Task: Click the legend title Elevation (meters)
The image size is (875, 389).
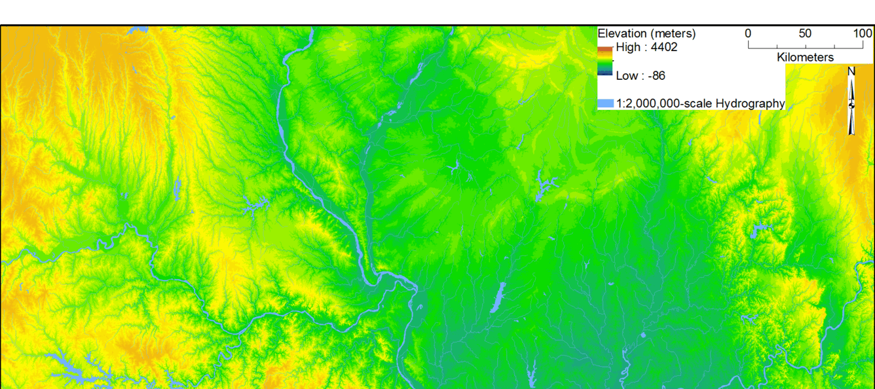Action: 646,33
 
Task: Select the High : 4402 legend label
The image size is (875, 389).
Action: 646,47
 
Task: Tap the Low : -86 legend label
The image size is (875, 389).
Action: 641,76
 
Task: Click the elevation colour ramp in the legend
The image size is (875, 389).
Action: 605,61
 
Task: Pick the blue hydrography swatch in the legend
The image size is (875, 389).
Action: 606,103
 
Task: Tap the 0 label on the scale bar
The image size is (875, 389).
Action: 748,33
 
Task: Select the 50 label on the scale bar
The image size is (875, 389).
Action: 805,33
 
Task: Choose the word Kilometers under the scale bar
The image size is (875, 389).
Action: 805,58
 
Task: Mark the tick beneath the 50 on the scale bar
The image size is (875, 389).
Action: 806,46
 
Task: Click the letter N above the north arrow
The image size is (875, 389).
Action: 851,71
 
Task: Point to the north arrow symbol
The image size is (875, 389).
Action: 851,105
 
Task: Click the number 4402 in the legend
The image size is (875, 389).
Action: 664,47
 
